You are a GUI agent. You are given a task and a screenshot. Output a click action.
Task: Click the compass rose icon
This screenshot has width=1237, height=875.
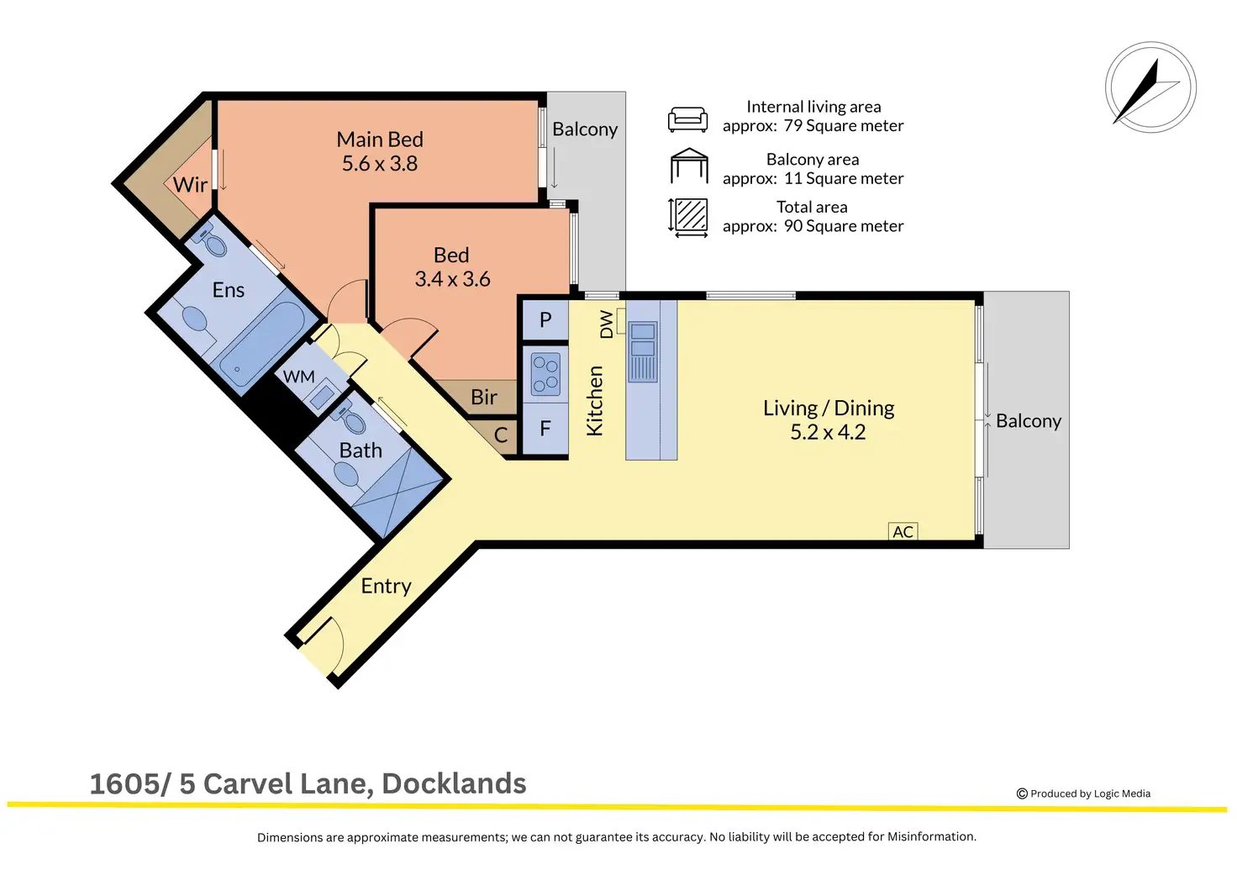coord(1150,87)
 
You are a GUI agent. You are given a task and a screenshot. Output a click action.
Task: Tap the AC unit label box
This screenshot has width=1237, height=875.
coord(903,531)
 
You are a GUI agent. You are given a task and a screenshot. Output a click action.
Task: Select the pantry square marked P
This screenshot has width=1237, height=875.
coord(545,320)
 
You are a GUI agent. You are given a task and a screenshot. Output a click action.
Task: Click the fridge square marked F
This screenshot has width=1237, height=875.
coord(545,429)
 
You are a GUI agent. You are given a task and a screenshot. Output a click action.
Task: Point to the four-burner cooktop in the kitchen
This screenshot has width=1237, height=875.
coord(545,375)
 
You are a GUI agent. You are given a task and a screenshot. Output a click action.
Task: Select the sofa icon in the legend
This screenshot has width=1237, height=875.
coord(687,119)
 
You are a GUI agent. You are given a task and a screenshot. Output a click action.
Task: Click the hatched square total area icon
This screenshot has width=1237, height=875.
coord(689,216)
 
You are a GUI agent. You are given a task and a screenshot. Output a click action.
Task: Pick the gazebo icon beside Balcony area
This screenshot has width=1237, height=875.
coord(689,166)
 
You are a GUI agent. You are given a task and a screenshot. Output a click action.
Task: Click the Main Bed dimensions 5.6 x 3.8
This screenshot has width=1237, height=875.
coord(380,164)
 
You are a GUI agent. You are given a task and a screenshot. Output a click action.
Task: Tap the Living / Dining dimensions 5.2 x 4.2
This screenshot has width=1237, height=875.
coord(828,432)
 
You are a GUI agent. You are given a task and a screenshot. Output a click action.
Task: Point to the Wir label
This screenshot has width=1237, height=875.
coord(190,185)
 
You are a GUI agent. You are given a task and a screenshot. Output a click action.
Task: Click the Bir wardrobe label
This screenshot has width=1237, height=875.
coord(484,397)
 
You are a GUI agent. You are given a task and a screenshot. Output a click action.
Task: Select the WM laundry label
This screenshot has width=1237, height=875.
coord(299,377)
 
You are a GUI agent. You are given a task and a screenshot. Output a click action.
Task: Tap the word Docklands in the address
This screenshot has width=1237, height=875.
coord(454,783)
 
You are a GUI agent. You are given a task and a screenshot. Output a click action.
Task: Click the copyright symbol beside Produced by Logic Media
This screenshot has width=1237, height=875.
coord(1022,793)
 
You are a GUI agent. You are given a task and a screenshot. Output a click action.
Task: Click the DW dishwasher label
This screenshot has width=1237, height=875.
coord(607,324)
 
